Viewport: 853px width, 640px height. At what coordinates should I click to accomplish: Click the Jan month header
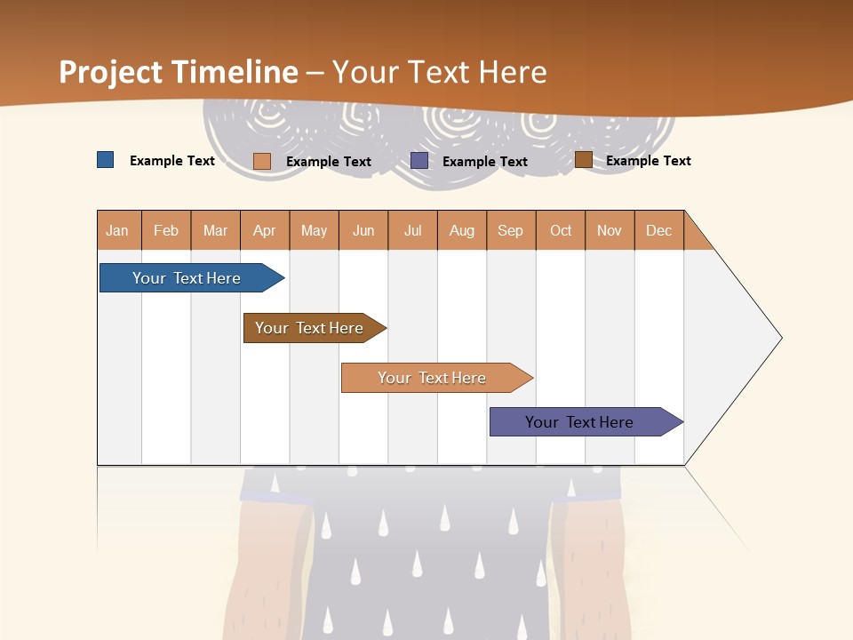117,230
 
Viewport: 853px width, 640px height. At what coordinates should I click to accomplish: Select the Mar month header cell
215,230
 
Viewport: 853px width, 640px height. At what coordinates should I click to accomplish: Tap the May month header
314,230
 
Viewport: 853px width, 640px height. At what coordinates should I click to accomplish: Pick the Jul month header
412,230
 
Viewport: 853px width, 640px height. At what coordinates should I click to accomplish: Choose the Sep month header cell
510,230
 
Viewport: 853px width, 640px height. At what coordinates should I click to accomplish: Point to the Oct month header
561,230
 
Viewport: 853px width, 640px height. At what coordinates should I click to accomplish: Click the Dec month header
658,230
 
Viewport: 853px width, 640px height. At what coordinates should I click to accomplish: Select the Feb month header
166,230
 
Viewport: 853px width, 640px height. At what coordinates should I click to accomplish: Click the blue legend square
105,160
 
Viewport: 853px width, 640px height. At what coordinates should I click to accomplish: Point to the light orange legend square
262,161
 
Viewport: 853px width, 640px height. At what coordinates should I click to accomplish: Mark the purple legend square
419,161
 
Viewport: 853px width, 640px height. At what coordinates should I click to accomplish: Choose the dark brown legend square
583,160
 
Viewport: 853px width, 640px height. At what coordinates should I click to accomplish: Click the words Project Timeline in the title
178,72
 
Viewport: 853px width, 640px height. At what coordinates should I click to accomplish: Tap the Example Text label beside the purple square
485,162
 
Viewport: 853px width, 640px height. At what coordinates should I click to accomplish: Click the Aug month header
461,230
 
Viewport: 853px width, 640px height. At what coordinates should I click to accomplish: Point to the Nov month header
610,230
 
